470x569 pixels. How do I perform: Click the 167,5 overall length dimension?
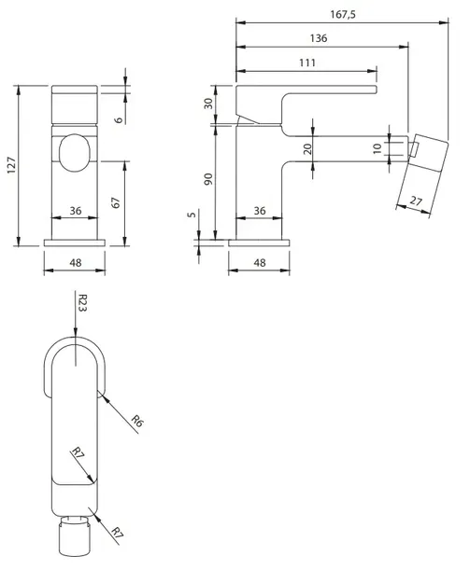click(343, 15)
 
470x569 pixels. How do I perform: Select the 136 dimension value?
click(319, 38)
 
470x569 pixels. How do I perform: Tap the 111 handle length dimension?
click(307, 62)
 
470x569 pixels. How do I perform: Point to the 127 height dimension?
click(11, 165)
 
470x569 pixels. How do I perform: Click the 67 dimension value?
click(115, 202)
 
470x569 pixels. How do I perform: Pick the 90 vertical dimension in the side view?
click(208, 179)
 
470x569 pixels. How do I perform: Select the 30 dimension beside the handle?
click(208, 104)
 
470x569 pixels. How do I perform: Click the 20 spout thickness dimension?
click(307, 149)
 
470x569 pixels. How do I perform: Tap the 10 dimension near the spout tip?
click(377, 148)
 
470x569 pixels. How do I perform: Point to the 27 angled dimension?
click(416, 201)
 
